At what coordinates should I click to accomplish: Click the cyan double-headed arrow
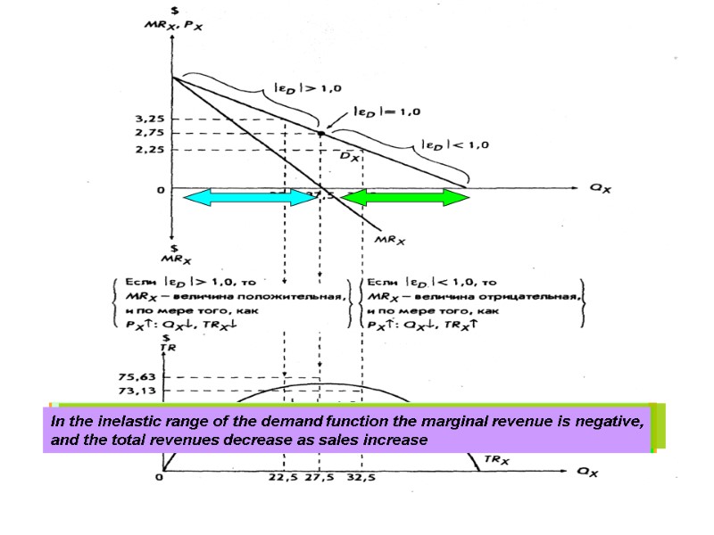(250, 197)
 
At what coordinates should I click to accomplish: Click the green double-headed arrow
(406, 197)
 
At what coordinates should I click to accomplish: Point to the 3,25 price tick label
(150, 119)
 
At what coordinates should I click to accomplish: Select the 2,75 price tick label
(150, 133)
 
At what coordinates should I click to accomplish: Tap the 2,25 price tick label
(150, 149)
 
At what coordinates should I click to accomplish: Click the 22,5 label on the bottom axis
(284, 477)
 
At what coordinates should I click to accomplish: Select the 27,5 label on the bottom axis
(320, 477)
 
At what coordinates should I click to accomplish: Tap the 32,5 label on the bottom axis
(361, 477)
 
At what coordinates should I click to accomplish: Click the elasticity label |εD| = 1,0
(386, 111)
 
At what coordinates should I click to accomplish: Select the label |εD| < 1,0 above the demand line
(454, 144)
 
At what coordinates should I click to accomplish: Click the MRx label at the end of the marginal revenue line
(390, 240)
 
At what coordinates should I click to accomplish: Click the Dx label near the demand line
(350, 156)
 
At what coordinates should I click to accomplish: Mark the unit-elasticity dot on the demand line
(320, 133)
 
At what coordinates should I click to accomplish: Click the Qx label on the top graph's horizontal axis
(599, 188)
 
